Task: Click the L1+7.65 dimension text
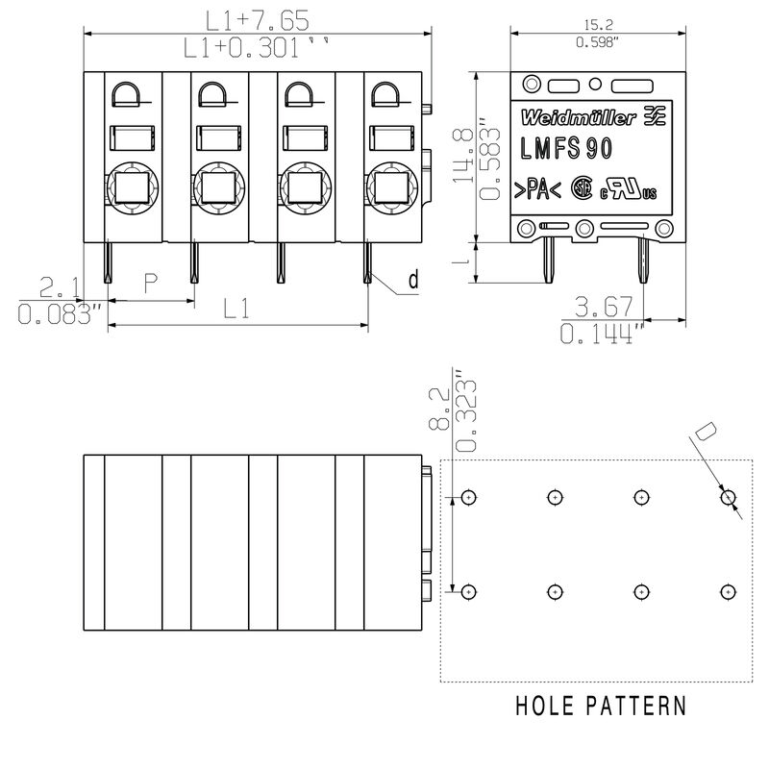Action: click(x=255, y=18)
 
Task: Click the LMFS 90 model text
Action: click(x=567, y=149)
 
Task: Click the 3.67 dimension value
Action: click(x=603, y=308)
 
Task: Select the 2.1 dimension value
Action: click(x=61, y=286)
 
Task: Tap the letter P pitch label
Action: click(x=150, y=284)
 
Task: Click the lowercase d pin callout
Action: click(x=412, y=281)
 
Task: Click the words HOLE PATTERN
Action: click(x=601, y=707)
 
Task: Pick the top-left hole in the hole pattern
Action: click(x=468, y=497)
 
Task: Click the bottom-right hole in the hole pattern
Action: click(x=729, y=591)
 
